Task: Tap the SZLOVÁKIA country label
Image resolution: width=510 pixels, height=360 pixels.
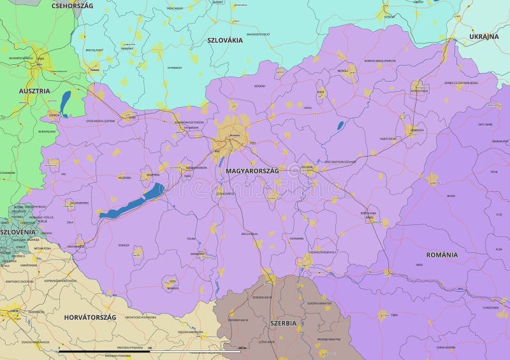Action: point(225,40)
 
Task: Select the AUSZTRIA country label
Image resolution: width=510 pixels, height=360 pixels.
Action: point(34,91)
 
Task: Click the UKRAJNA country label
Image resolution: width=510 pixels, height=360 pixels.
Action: point(484,37)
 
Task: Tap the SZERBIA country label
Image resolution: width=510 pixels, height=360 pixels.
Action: point(283,323)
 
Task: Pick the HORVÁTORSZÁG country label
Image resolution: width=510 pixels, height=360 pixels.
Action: point(90,317)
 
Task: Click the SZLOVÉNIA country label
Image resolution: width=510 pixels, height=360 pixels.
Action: point(18,233)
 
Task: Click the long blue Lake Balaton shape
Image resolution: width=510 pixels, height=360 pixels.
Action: point(131,202)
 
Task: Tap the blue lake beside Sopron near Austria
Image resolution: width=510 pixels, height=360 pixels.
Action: point(66,103)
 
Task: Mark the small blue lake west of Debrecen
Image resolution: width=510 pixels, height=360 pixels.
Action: point(340,126)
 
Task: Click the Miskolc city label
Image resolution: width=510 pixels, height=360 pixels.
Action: point(343,71)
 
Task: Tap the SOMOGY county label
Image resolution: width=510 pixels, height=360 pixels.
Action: point(124,245)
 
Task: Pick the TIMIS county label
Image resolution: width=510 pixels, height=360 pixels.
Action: point(394,315)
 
